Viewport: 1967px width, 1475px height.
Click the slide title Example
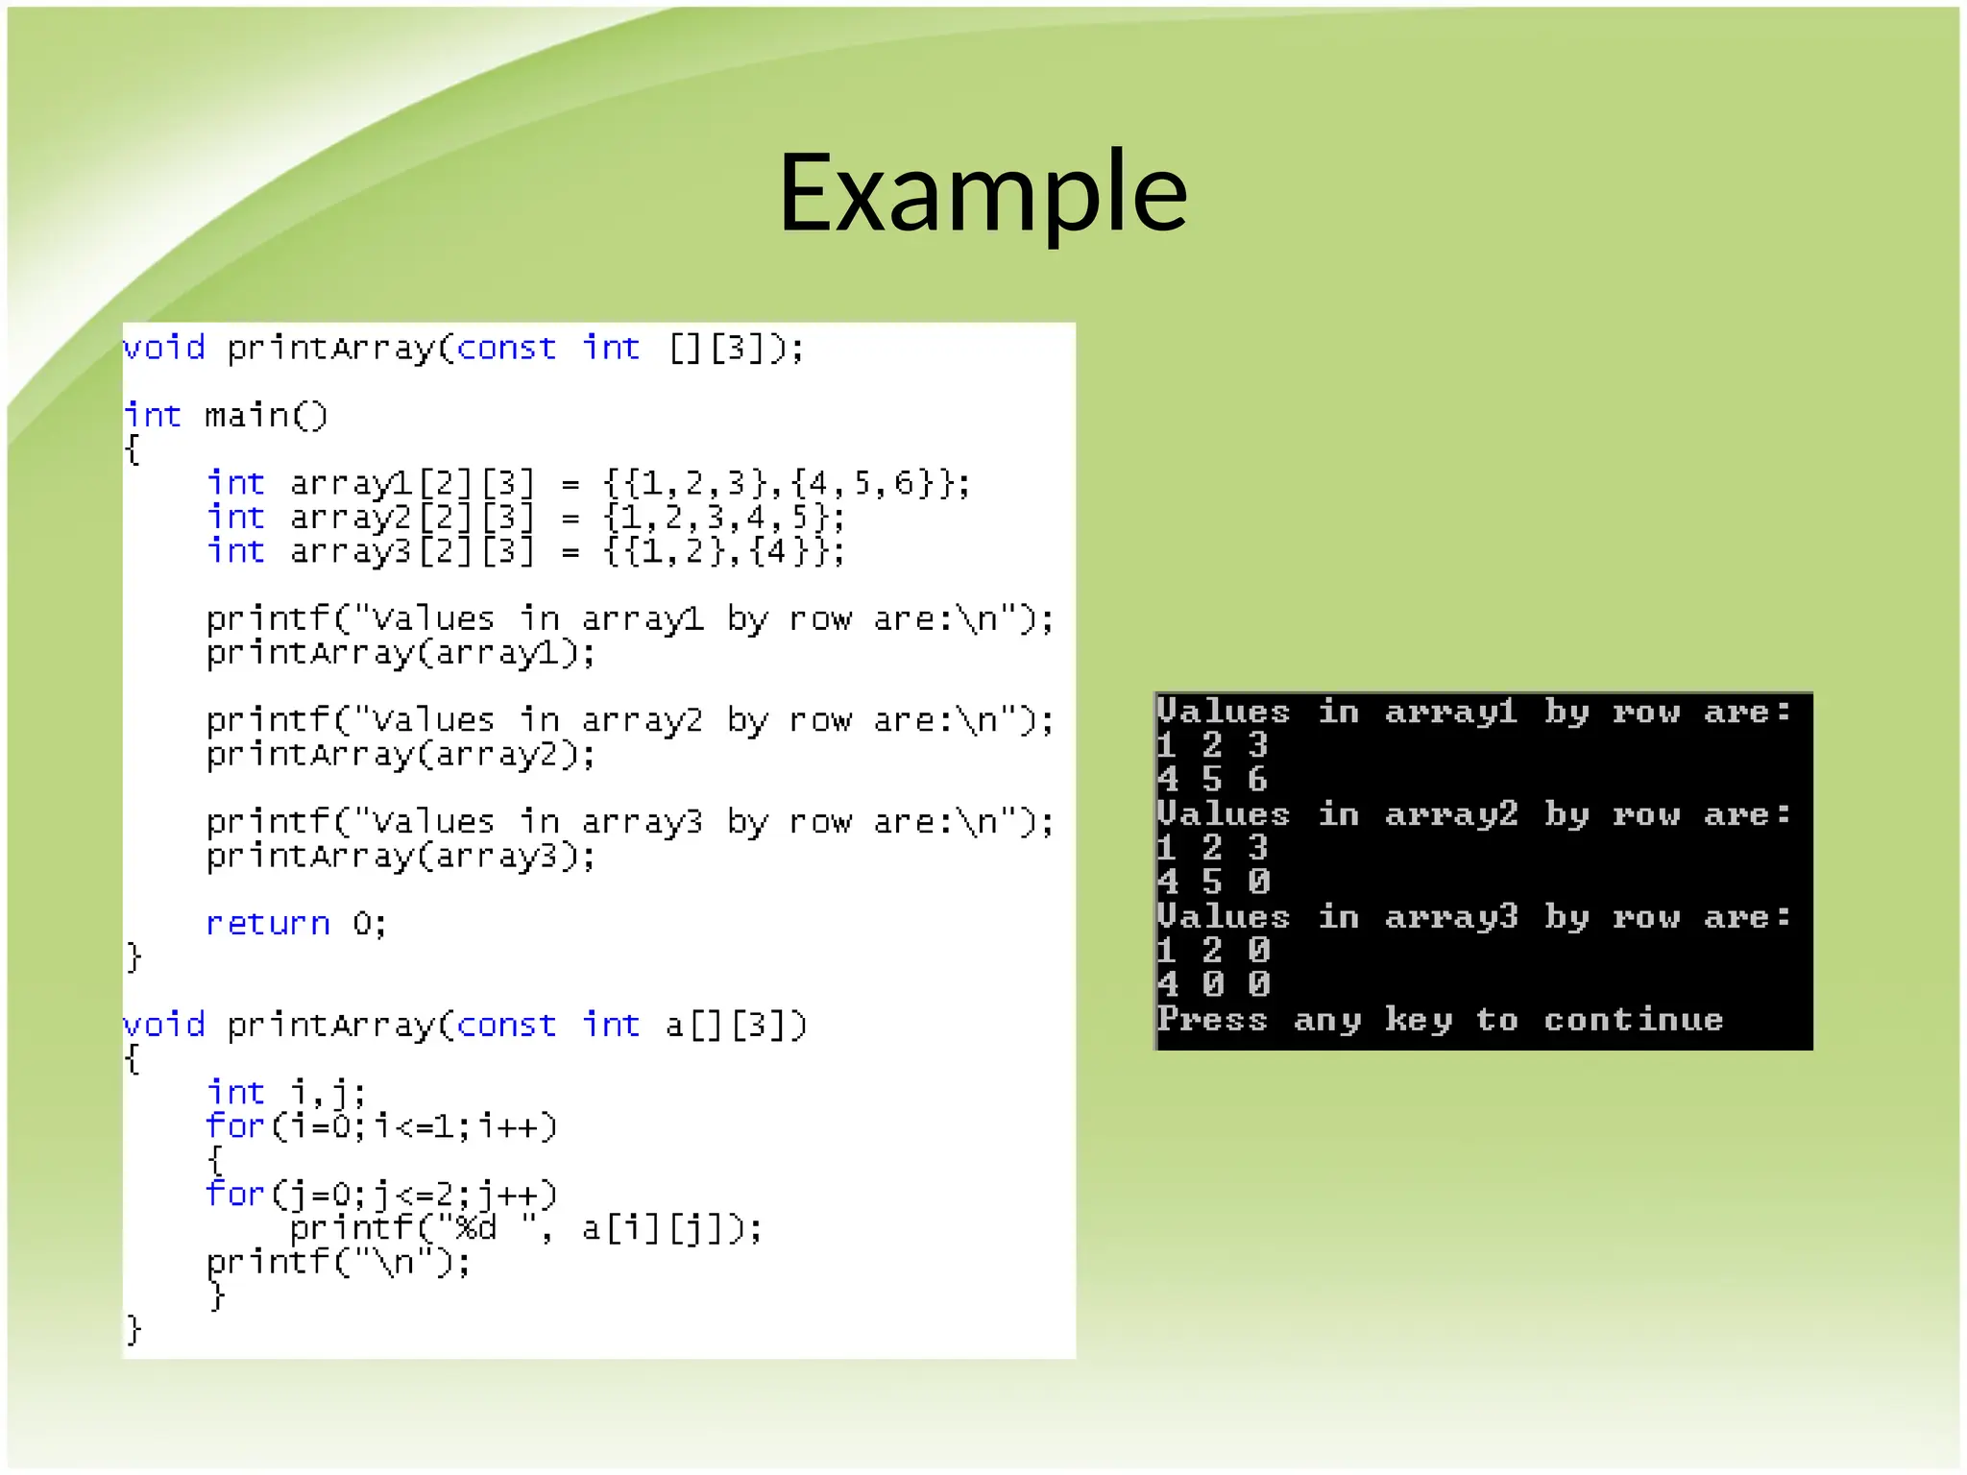click(x=983, y=192)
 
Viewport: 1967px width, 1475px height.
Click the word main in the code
click(x=246, y=416)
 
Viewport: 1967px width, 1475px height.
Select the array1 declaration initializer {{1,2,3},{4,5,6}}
click(x=787, y=483)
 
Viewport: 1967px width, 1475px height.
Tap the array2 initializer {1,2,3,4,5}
click(x=723, y=518)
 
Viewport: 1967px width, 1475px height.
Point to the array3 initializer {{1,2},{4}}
click(x=723, y=552)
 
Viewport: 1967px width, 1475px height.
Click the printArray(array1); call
click(x=401, y=654)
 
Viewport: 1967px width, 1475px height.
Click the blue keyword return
click(x=268, y=924)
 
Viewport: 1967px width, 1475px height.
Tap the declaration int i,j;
click(x=286, y=1093)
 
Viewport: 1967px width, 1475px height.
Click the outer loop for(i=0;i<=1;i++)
click(x=381, y=1126)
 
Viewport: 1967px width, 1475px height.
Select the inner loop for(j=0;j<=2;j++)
click(x=381, y=1195)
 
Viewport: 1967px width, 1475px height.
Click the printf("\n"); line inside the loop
click(x=338, y=1262)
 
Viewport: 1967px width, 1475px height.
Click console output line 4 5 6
click(x=1212, y=779)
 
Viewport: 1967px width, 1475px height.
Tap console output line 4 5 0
click(x=1212, y=882)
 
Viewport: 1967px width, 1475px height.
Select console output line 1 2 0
click(x=1212, y=951)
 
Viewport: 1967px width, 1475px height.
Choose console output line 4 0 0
click(x=1212, y=984)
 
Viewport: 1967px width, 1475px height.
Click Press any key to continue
click(x=1439, y=1020)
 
